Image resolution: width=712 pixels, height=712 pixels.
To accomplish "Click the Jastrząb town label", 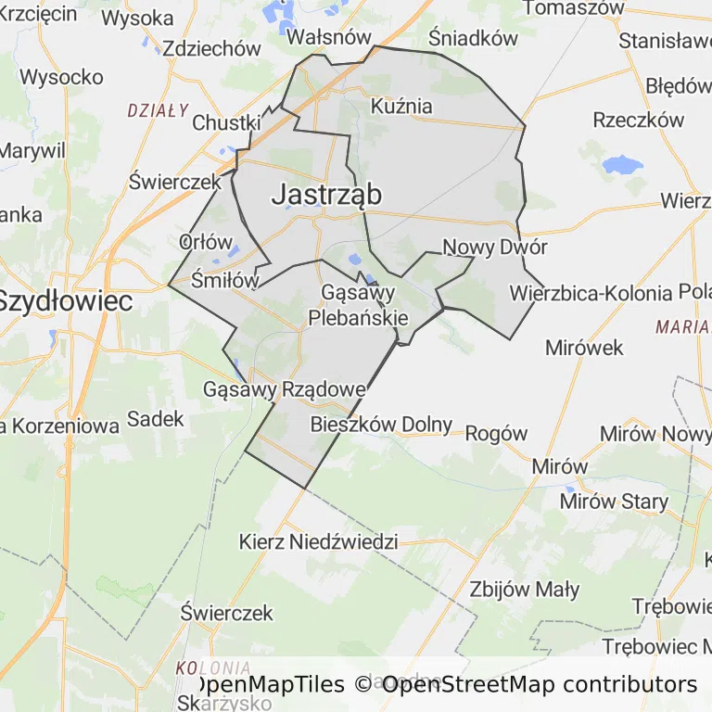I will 326,194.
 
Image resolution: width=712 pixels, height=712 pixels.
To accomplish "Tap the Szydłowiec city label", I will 65,300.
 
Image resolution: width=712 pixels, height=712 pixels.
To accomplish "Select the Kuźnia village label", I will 401,106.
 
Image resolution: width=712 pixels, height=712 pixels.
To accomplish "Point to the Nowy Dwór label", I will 495,248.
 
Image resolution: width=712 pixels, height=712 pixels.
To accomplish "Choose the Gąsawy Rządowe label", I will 283,389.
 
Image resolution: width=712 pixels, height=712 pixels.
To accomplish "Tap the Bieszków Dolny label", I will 381,425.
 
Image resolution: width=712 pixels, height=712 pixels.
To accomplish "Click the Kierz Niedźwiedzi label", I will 318,541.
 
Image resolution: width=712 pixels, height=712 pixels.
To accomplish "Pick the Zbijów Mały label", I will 525,589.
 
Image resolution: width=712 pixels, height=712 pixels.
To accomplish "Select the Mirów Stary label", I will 614,502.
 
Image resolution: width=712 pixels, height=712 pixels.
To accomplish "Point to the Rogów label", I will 495,433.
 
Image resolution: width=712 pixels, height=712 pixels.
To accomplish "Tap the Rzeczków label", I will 638,120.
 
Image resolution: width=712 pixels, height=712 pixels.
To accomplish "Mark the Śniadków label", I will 473,38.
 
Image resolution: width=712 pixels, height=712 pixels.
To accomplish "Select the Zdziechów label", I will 211,49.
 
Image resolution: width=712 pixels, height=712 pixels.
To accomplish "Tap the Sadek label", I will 156,419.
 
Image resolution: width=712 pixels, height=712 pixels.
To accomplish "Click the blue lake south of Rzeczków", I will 622,166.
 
